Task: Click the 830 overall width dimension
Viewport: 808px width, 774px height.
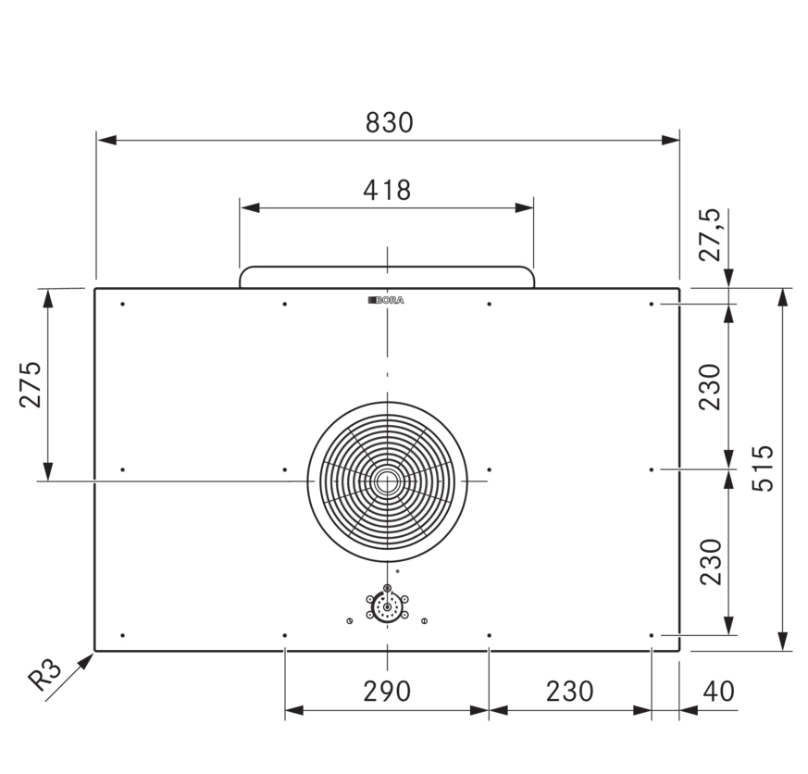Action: pos(389,122)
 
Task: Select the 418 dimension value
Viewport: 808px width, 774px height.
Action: pos(387,190)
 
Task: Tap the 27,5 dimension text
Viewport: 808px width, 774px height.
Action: pos(710,235)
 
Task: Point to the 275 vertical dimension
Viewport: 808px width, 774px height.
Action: pos(30,384)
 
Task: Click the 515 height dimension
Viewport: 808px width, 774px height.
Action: pos(763,468)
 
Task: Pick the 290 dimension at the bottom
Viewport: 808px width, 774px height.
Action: pos(387,692)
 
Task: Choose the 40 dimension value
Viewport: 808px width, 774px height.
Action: pos(719,692)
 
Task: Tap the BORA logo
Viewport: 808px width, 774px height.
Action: pos(386,300)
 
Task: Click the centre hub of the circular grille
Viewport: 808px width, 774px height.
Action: pos(387,481)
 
